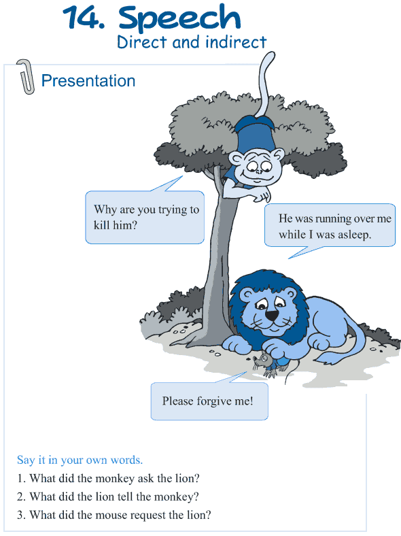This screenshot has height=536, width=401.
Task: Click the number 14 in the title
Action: click(x=80, y=18)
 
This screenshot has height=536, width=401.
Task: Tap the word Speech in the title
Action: click(x=180, y=19)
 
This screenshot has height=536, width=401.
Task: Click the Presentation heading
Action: click(x=88, y=81)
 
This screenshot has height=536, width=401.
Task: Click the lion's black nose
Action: click(x=272, y=316)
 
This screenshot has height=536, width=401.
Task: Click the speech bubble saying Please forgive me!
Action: click(x=208, y=401)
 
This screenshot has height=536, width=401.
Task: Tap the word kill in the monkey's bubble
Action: click(x=103, y=224)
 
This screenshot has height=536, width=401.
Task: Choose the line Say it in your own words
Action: click(x=80, y=460)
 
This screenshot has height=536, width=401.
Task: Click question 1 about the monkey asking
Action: click(x=108, y=478)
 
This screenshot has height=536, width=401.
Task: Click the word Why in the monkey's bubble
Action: click(x=105, y=210)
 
